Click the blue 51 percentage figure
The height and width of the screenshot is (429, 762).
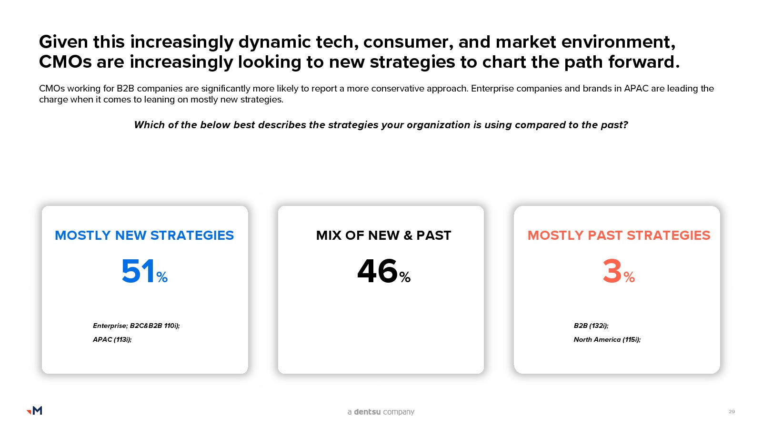point(145,271)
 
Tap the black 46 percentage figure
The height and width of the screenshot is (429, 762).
point(384,271)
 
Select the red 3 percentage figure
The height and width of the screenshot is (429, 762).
point(619,271)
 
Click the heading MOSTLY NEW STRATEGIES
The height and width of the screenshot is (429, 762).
point(144,235)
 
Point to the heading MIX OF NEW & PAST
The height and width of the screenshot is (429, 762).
point(383,235)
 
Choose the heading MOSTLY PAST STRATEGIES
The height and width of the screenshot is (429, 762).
point(619,235)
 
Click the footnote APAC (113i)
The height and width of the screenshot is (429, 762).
point(112,339)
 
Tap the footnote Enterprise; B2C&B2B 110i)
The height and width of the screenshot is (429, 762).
point(136,326)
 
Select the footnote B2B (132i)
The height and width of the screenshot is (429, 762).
point(591,326)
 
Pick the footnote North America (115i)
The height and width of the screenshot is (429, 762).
point(607,339)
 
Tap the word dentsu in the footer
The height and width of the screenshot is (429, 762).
point(367,412)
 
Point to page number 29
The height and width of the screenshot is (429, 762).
point(732,412)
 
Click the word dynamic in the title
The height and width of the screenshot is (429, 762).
point(274,42)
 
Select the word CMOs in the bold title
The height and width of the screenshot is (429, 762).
point(65,62)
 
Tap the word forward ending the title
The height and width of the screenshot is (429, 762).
point(643,62)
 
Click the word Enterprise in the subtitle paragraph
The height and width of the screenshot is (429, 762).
point(492,89)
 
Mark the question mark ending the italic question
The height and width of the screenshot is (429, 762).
point(625,125)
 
